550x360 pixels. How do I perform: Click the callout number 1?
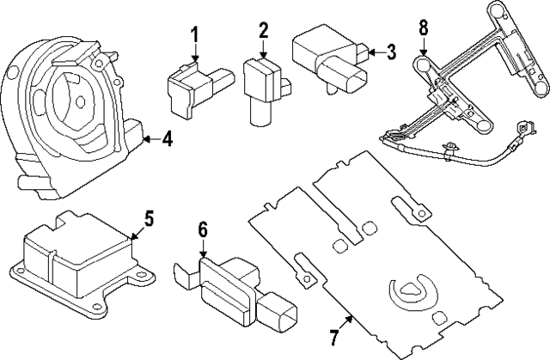194,35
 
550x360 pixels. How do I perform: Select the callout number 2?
261,33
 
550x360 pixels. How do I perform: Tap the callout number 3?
390,52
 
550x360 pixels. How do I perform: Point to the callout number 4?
167,137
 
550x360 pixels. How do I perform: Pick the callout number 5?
149,218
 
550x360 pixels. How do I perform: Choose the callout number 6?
203,229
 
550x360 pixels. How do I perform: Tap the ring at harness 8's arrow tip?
423,65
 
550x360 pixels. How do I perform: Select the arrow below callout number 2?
261,52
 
